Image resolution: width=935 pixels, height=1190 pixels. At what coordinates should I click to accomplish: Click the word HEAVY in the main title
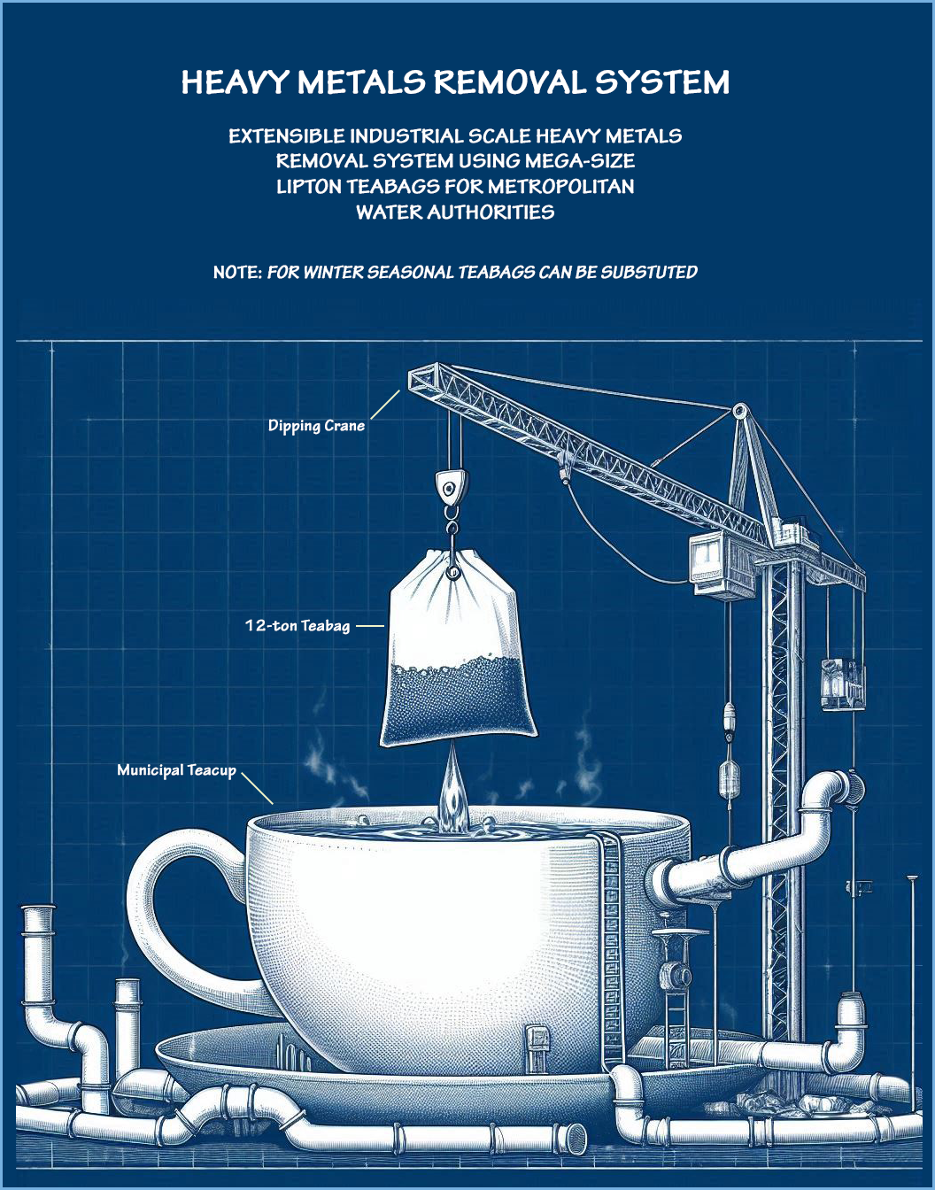(x=236, y=82)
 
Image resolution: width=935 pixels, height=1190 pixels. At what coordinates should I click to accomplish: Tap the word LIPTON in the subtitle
(x=308, y=187)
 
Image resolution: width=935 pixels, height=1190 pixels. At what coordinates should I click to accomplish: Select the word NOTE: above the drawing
(x=237, y=273)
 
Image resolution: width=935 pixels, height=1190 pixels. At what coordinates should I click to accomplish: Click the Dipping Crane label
(x=316, y=426)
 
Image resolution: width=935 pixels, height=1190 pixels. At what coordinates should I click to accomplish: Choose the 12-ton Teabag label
(x=297, y=626)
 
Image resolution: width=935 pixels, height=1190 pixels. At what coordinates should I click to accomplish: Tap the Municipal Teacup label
(x=176, y=770)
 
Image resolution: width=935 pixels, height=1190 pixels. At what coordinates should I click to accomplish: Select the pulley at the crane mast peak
(x=738, y=411)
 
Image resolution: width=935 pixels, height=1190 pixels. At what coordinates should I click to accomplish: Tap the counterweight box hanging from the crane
(x=841, y=684)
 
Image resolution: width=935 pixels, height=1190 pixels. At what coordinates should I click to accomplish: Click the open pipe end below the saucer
(x=576, y=1135)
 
